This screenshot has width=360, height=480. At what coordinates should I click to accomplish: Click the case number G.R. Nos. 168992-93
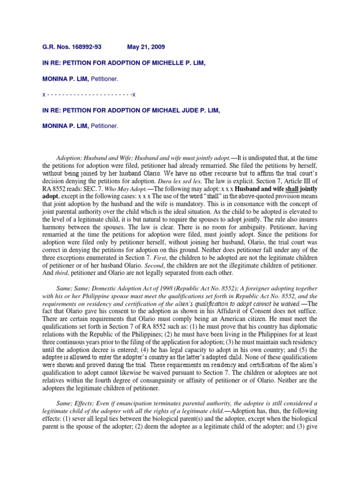tap(72, 47)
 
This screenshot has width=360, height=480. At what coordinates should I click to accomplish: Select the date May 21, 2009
tap(146, 47)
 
